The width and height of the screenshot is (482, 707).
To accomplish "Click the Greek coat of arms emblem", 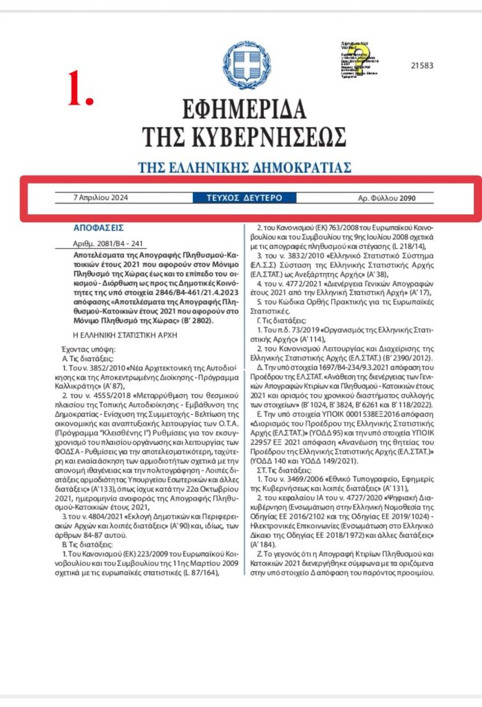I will [242, 65].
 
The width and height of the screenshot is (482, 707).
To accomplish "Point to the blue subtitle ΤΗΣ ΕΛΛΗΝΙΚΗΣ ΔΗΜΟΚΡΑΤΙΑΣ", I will [244, 167].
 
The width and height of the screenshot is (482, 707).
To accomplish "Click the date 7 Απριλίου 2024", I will [101, 198].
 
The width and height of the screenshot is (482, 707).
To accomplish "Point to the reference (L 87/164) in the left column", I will [207, 570].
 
